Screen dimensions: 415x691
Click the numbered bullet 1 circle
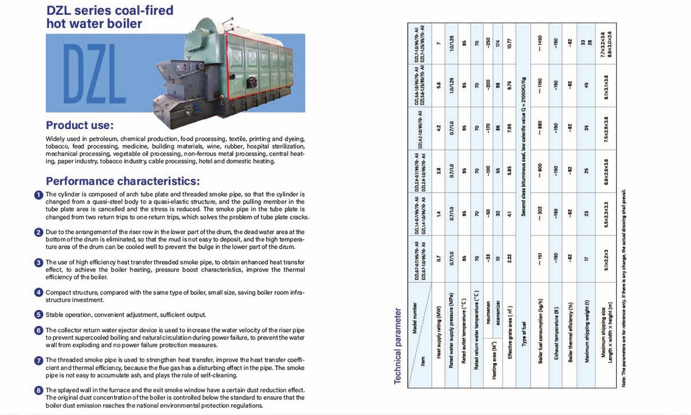click(x=39, y=195)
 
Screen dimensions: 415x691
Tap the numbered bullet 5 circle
click(x=39, y=314)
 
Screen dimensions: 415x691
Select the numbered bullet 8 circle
click(x=39, y=390)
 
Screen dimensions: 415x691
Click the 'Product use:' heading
click(x=80, y=125)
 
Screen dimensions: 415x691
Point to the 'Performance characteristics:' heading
click(x=122, y=182)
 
